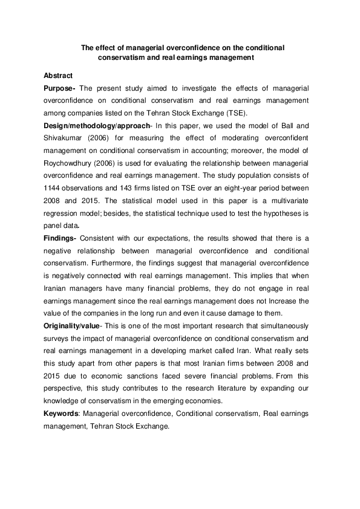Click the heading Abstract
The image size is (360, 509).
point(58,76)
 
